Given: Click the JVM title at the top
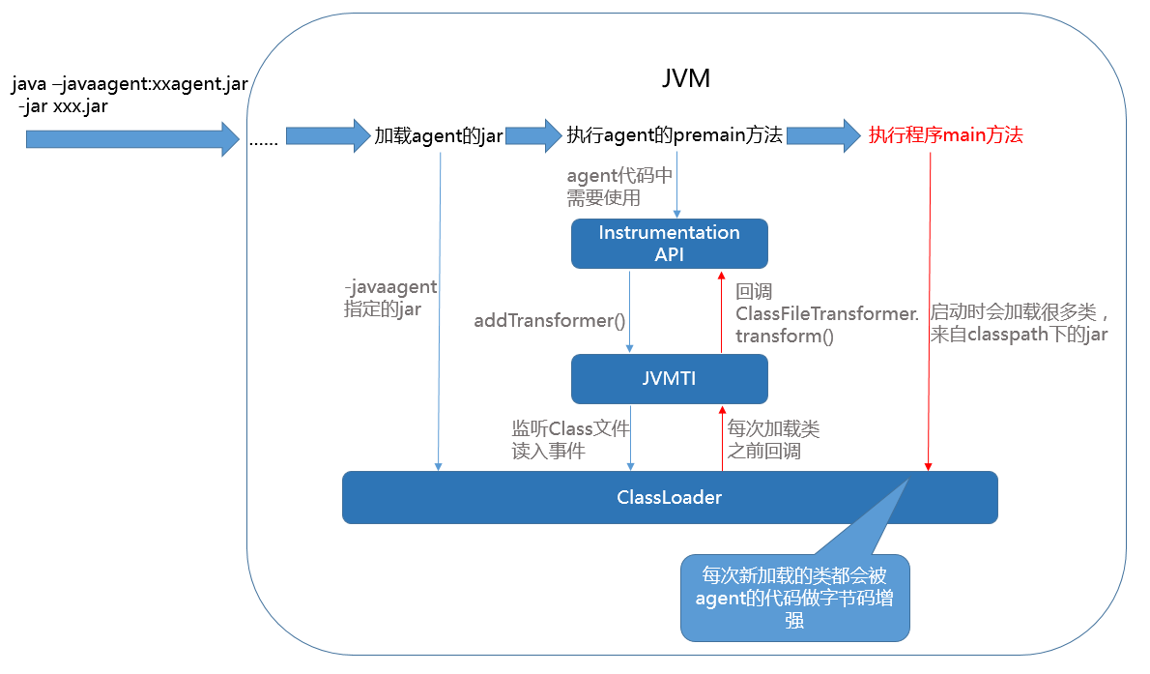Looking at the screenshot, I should (686, 78).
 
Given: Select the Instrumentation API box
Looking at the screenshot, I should (669, 244).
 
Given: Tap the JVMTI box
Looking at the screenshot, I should (669, 379).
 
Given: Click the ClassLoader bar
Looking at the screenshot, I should (669, 498).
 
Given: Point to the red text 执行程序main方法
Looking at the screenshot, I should (945, 135).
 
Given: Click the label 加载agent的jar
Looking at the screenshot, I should (439, 135).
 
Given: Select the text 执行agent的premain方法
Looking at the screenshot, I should (675, 135).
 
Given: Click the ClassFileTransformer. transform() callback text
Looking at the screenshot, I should (826, 313).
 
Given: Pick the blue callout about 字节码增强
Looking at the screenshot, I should (794, 598).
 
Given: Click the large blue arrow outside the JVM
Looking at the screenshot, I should (131, 139).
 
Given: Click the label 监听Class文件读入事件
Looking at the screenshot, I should (570, 439).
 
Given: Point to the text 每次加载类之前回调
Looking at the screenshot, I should (773, 439).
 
